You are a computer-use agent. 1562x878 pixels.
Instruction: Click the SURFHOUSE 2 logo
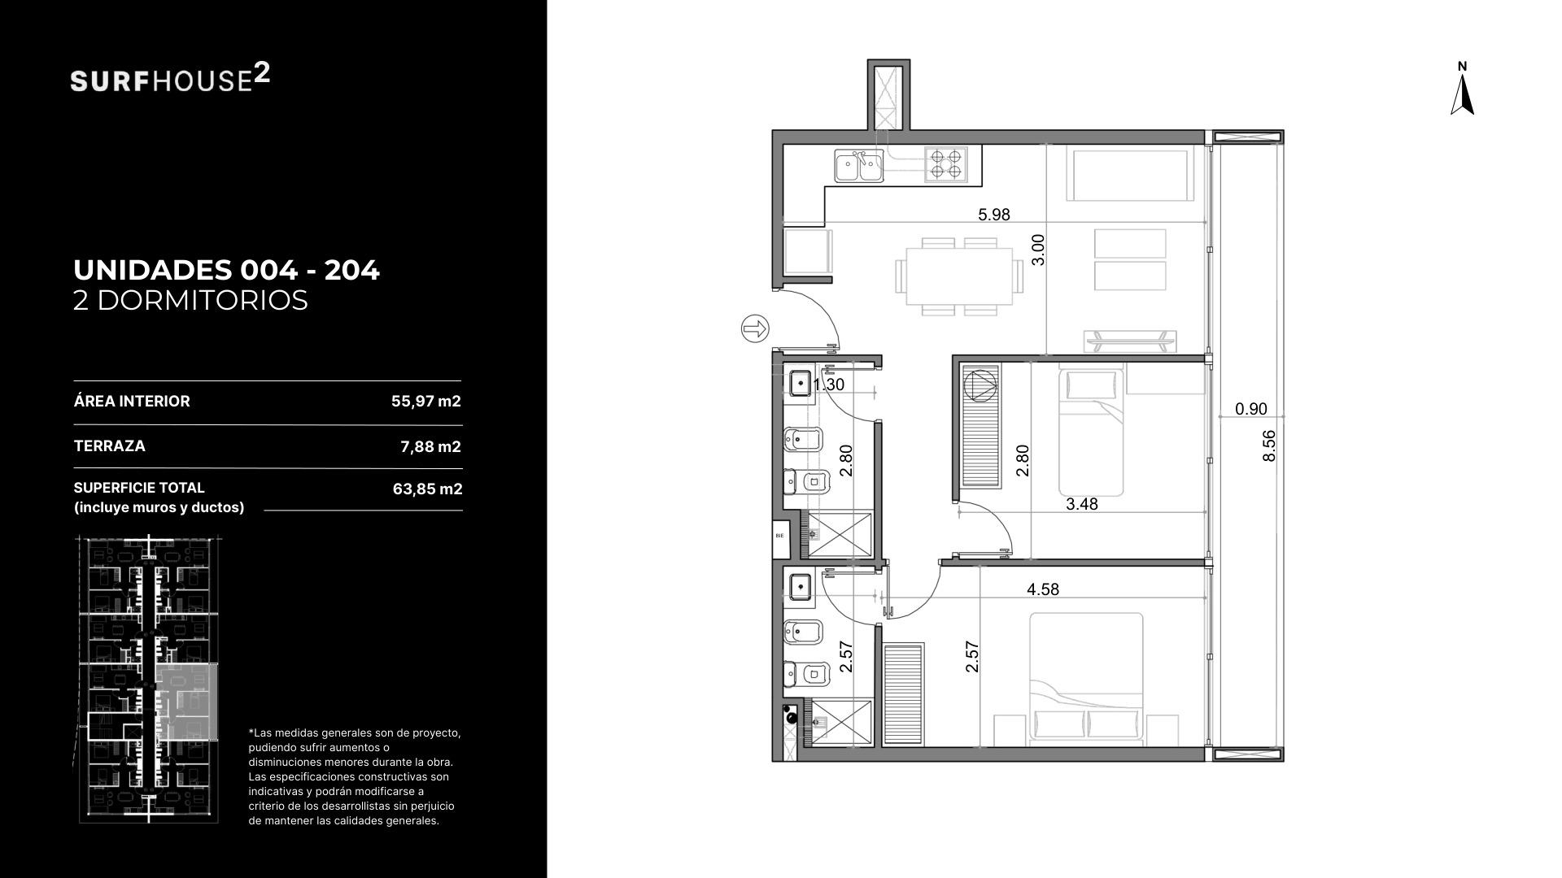170,78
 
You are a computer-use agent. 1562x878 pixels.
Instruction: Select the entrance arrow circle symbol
755,328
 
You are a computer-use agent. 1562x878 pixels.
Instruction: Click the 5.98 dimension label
993,215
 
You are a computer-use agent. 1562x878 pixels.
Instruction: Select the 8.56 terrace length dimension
1268,446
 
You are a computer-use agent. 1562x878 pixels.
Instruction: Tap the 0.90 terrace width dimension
1251,409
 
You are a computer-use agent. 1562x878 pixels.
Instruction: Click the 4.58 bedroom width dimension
1043,589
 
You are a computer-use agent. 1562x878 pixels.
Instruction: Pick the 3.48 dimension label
1082,504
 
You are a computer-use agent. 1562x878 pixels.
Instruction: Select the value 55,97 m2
426,402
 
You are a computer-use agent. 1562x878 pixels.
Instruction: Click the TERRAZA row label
110,446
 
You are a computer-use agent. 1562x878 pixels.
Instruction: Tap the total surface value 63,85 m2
427,489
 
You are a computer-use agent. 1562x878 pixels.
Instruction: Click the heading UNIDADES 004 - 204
227,270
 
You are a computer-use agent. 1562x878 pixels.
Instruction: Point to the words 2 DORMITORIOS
191,300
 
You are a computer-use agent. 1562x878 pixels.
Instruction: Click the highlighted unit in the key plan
187,702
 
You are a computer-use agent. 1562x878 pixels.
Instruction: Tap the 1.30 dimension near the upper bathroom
829,385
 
